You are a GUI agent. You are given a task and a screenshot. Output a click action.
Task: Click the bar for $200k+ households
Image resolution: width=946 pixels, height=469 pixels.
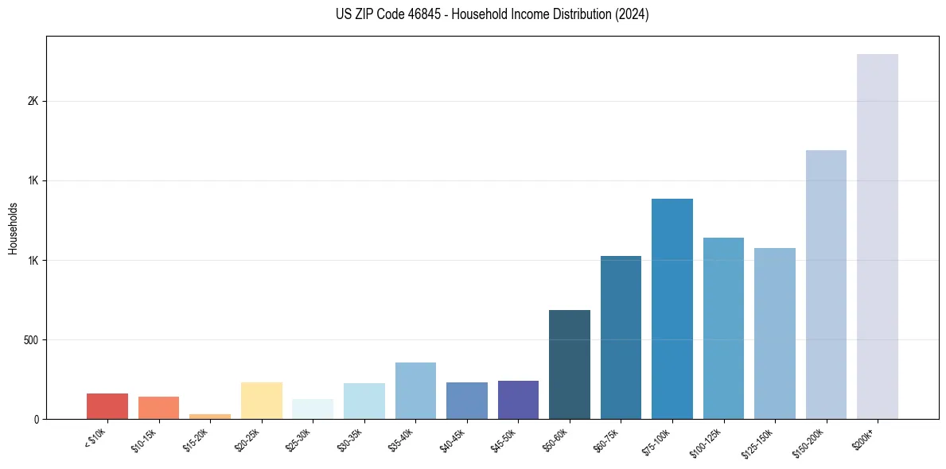pyautogui.click(x=877, y=236)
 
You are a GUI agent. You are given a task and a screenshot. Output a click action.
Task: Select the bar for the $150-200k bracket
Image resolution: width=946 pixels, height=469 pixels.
pyautogui.click(x=826, y=285)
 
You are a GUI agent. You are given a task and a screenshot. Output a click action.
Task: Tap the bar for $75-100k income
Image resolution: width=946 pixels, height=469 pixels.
pyautogui.click(x=672, y=308)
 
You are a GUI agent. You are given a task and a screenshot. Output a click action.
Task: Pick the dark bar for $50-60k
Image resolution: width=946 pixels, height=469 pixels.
pyautogui.click(x=569, y=364)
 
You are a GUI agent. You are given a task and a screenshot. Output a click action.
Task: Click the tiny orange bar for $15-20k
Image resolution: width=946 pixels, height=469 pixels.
pyautogui.click(x=210, y=416)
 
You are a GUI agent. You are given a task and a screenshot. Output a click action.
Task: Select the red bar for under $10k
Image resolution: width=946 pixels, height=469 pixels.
pyautogui.click(x=107, y=406)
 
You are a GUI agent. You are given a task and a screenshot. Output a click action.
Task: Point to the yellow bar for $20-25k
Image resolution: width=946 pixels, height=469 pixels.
pyautogui.click(x=261, y=401)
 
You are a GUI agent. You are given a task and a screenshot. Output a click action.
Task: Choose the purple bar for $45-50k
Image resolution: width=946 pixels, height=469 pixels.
pyautogui.click(x=518, y=400)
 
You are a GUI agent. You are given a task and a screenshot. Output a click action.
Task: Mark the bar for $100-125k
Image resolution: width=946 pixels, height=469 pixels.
pyautogui.click(x=723, y=328)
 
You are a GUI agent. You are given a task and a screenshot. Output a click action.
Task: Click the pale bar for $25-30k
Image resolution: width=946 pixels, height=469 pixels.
pyautogui.click(x=313, y=409)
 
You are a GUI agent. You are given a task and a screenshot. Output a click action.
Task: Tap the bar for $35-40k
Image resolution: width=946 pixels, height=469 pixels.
pyautogui.click(x=415, y=390)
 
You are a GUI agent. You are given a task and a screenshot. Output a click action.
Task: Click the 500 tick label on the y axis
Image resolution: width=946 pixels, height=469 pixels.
pyautogui.click(x=31, y=340)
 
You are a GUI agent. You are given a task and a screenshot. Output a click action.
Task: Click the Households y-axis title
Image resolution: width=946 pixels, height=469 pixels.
pyautogui.click(x=13, y=228)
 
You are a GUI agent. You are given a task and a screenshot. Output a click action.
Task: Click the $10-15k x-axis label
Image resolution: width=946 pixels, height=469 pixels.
pyautogui.click(x=143, y=440)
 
